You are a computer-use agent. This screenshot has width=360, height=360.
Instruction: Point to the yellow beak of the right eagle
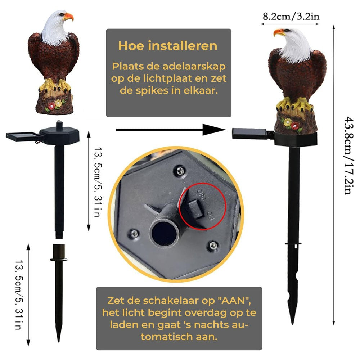click(279, 33)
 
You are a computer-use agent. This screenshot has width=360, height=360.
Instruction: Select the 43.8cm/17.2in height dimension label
click(347, 154)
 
